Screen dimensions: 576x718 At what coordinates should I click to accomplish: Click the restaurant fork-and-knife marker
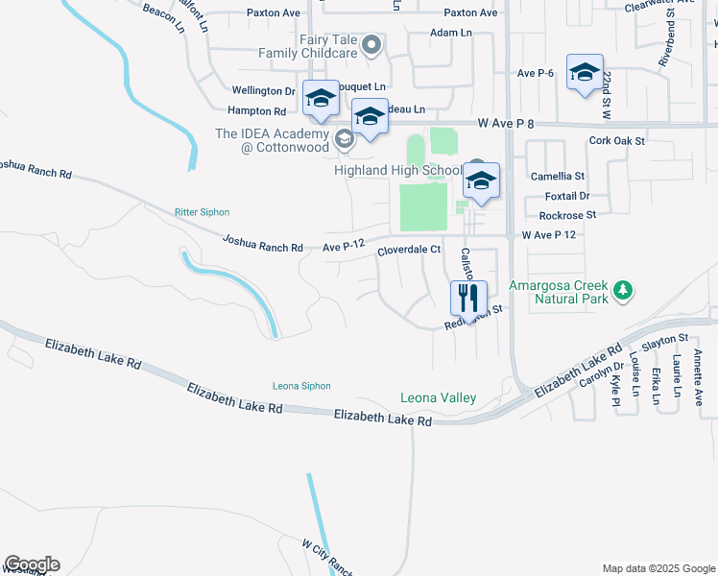pos(468,297)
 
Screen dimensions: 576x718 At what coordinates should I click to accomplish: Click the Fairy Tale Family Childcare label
pos(307,46)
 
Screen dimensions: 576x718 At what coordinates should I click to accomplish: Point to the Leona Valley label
pos(438,398)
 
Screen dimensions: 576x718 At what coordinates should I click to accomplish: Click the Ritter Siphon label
pos(202,212)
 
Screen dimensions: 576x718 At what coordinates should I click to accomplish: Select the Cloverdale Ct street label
pos(408,250)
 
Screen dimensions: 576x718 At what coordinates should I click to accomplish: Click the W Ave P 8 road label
pos(505,123)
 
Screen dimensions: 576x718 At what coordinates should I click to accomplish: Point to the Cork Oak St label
pos(617,140)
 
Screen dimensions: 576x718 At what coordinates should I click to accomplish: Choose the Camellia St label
pos(558,177)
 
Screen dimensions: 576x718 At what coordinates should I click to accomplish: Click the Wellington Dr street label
pos(262,91)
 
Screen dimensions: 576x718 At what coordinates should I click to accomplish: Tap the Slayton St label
pos(665,339)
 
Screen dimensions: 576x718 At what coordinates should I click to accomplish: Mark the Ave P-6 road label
pos(537,73)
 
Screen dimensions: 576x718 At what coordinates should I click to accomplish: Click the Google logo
pos(32,564)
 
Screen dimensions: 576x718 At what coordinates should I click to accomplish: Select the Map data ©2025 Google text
pos(658,568)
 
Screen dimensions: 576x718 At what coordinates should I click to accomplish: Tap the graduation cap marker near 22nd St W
pos(585,73)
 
